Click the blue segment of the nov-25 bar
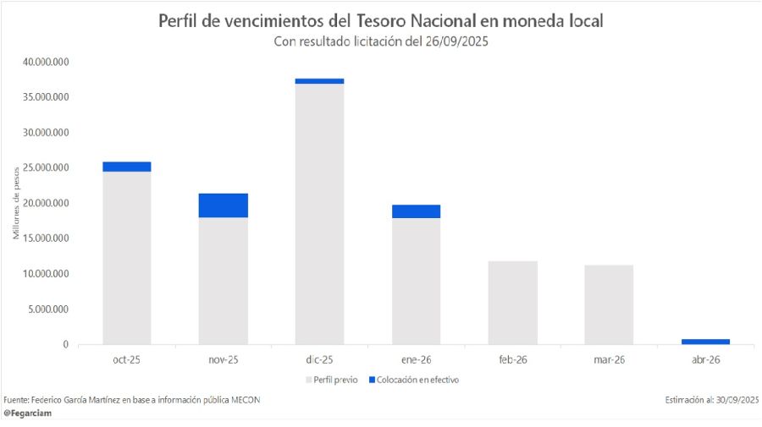(x=224, y=205)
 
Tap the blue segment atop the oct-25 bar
(x=127, y=167)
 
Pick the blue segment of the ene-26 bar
(x=416, y=211)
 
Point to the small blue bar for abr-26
(x=704, y=342)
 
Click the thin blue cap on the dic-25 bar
(x=319, y=81)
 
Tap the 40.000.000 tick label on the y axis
(x=46, y=62)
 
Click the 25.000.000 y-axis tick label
(x=46, y=167)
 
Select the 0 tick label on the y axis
(x=64, y=344)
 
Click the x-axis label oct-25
(x=127, y=360)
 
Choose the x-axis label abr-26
(x=704, y=360)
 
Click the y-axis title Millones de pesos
(x=16, y=204)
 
